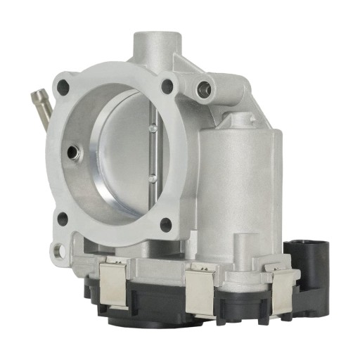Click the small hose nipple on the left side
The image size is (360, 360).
coord(41,103)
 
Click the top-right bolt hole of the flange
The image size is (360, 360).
coord(167,86)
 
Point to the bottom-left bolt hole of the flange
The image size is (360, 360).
coord(62,219)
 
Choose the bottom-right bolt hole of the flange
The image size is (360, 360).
coord(166,225)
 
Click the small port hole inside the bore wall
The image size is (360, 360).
coord(72,151)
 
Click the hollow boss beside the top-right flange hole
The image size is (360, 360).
coord(205,89)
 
